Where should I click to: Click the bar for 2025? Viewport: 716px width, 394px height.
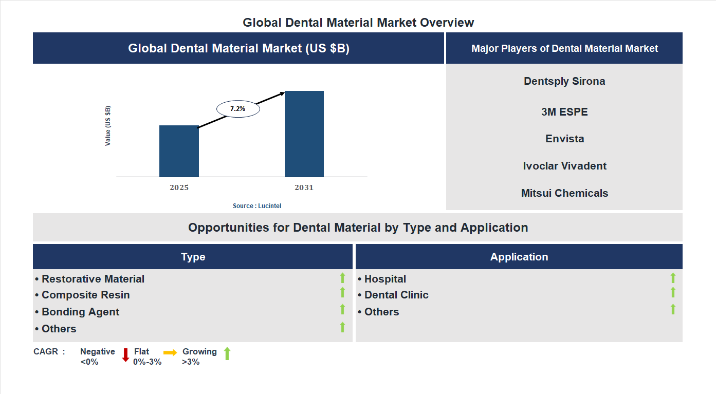pos(179,151)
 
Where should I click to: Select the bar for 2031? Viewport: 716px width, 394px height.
pos(304,134)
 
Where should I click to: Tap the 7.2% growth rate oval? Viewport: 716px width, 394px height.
pos(238,109)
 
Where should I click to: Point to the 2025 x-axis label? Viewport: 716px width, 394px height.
pos(179,187)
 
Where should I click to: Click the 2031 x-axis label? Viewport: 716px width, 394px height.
pos(304,187)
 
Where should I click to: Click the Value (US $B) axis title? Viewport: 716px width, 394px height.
pos(108,126)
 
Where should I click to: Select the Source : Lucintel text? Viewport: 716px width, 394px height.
pos(257,206)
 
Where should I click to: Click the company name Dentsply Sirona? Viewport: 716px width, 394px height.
pos(564,81)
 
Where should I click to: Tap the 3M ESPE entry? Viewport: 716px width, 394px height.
pos(564,112)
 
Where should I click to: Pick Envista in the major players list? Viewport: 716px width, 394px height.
pos(564,139)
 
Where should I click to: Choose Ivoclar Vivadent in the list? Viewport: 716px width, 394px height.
pos(564,166)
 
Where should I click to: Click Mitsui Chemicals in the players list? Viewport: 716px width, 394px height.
pos(564,193)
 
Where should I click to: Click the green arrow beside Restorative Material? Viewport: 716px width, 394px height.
pos(342,278)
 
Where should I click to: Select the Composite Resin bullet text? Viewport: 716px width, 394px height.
pos(85,295)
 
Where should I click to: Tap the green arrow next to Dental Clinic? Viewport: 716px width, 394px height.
pos(673,293)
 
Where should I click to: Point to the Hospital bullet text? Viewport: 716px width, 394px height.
pos(384,279)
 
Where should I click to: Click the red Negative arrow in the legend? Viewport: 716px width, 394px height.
pos(125,355)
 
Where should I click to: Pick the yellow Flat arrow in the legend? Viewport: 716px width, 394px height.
pos(170,352)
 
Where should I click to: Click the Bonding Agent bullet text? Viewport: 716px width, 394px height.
pos(80,312)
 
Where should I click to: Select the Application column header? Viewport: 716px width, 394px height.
pos(519,257)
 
